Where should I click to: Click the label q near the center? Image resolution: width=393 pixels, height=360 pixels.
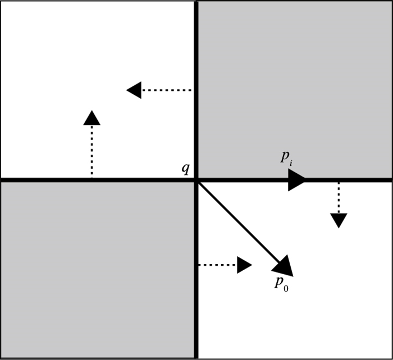click(x=185, y=168)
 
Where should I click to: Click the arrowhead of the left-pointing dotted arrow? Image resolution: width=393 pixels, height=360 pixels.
click(x=134, y=90)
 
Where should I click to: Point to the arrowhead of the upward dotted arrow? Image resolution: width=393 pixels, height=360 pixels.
click(x=92, y=117)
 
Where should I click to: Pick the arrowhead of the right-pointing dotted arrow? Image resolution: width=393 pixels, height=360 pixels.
click(x=244, y=265)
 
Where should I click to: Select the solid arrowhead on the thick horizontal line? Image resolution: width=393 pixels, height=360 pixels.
click(x=296, y=180)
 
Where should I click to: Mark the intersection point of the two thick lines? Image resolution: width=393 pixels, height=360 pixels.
click(x=195, y=180)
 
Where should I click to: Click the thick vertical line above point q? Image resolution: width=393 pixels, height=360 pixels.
click(x=195, y=84)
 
